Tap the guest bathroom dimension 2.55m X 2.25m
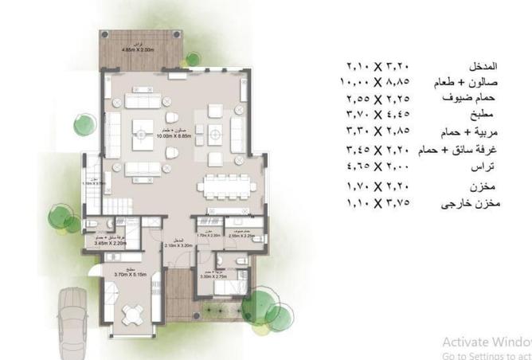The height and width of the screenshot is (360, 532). tap(241, 236)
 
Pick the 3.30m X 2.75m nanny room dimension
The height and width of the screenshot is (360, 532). tap(237, 277)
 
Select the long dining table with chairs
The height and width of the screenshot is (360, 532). tap(226, 186)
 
